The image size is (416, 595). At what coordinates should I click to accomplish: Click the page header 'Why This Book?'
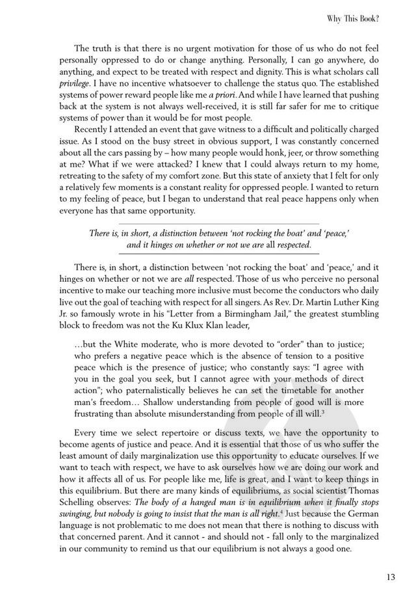[353, 20]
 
